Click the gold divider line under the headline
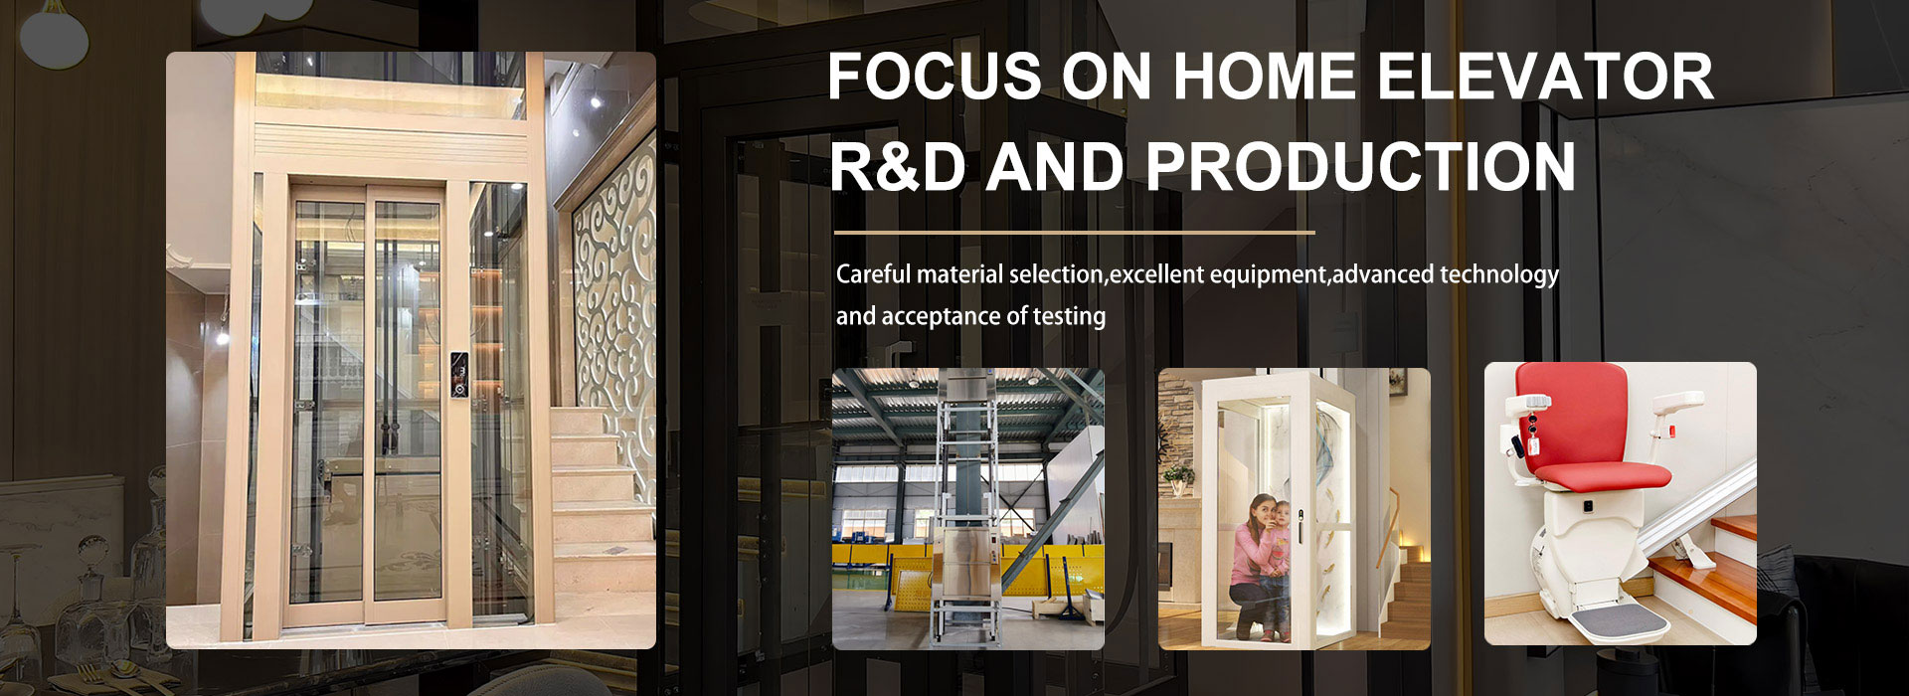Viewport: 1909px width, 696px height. point(1075,233)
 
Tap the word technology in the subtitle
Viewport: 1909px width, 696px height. point(1499,275)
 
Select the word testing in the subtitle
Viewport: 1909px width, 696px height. point(1070,317)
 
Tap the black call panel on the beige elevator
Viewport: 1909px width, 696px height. point(458,375)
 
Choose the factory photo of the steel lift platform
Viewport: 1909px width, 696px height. point(968,509)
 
